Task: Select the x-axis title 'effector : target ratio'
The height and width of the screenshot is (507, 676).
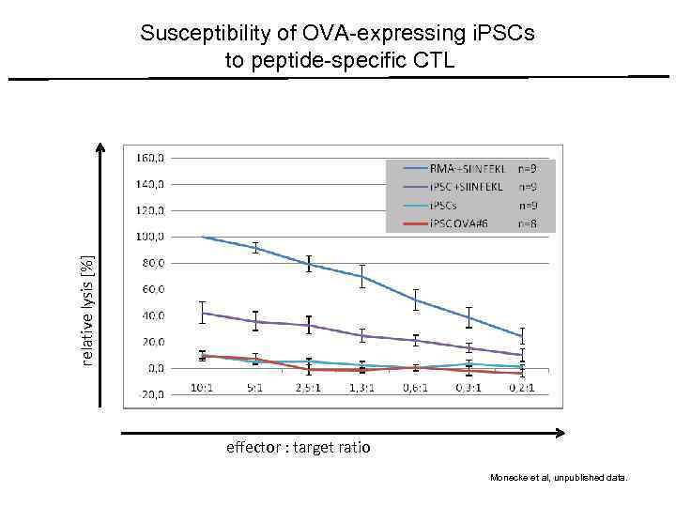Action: [299, 448]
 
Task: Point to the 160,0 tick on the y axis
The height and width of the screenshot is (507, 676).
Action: [151, 157]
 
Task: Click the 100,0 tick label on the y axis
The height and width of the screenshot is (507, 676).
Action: [151, 236]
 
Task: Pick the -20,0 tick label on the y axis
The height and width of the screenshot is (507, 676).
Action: [151, 395]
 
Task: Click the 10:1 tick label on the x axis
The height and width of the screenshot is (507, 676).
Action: [202, 387]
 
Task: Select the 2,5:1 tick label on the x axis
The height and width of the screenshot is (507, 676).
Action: [309, 387]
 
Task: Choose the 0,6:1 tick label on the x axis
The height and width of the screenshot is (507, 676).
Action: [416, 387]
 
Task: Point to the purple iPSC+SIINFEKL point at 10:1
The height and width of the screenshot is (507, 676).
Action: [202, 313]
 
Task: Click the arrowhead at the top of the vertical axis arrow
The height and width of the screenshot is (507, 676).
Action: [101, 147]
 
